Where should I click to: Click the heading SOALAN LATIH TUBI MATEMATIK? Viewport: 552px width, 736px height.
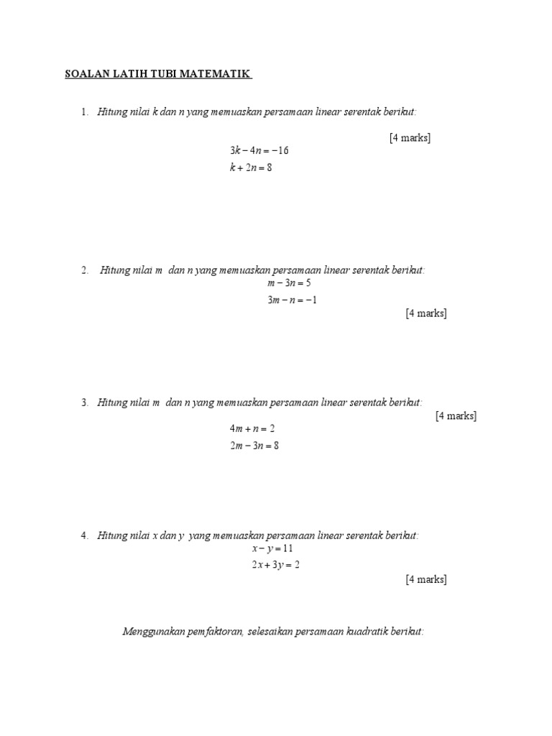158,74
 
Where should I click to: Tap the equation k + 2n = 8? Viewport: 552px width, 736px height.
251,167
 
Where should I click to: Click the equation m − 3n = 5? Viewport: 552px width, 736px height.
289,283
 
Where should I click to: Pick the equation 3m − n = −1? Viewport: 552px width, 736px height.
292,300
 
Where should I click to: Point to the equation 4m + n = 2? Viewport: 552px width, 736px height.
252,428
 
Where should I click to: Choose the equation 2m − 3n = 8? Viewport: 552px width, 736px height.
254,446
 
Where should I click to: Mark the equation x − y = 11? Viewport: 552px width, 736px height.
272,548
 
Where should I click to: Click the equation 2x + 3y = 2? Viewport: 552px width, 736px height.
275,565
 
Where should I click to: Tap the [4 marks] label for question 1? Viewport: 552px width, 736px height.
410,138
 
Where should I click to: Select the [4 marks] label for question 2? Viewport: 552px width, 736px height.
426,313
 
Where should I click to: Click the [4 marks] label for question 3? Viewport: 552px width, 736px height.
456,416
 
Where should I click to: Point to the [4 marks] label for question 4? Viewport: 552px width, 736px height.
426,579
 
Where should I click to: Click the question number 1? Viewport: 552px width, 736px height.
84,111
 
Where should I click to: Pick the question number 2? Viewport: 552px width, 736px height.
84,270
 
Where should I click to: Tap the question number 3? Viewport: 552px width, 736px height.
84,402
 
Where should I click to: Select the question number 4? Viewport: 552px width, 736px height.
84,535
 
